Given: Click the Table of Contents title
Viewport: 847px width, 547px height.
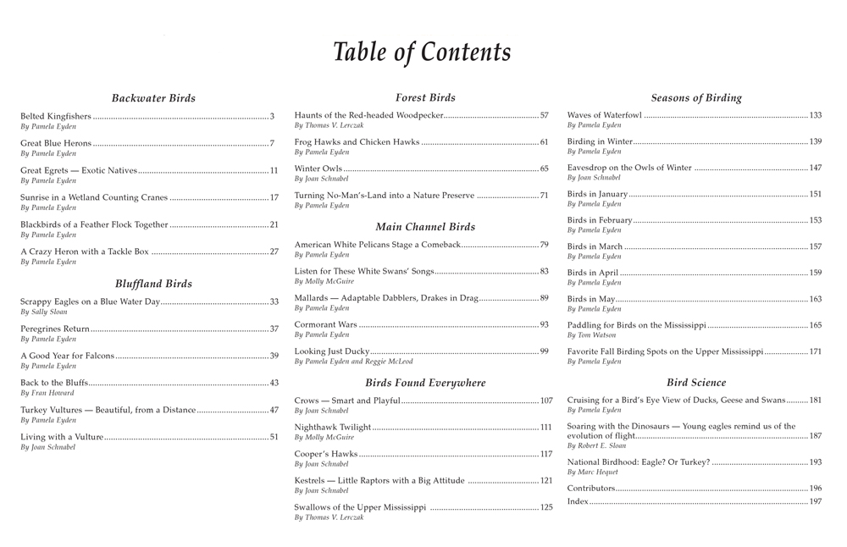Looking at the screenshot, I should (x=422, y=52).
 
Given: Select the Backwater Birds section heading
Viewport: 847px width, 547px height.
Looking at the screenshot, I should (x=153, y=98).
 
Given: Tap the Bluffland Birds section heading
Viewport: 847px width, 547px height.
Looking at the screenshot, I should (x=153, y=284).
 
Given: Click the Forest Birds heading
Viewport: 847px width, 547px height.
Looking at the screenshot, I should (x=425, y=98).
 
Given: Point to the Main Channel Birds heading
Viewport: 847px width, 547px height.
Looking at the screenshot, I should (x=425, y=227).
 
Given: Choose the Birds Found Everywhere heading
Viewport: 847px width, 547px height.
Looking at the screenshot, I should (x=425, y=383).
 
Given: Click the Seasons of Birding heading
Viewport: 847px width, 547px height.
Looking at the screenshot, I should (x=696, y=98).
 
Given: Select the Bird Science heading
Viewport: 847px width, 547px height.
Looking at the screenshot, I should (x=696, y=383).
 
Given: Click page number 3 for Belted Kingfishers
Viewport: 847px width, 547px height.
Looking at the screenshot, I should (x=273, y=116).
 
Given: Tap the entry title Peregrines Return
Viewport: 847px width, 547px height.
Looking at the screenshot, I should (x=55, y=329).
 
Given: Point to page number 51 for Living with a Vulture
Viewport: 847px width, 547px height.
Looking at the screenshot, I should (x=274, y=437).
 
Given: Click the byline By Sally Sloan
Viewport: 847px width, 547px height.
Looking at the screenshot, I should (x=44, y=312).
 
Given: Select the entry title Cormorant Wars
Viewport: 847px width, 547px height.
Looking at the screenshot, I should (x=326, y=324).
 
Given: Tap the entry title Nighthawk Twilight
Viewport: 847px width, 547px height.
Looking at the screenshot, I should (x=333, y=428).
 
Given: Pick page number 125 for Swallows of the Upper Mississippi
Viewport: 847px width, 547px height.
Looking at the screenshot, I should (x=546, y=507).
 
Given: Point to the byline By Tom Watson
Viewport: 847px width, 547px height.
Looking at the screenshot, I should (x=591, y=335).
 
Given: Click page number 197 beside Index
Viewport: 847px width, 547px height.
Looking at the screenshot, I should (x=816, y=501).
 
